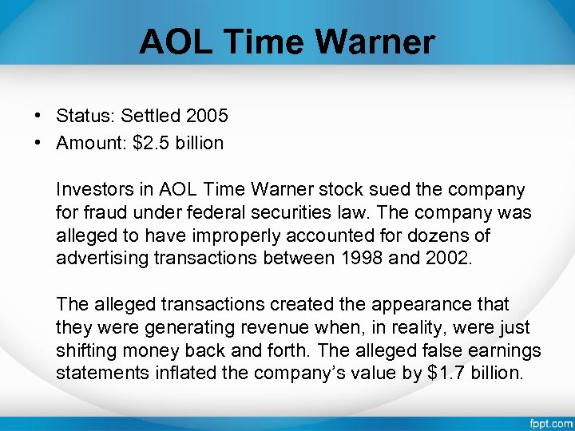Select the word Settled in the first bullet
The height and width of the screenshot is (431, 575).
coord(151,116)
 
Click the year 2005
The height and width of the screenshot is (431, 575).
coord(207,116)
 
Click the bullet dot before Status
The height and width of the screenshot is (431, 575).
coord(38,116)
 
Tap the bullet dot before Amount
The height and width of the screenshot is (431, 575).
coord(38,144)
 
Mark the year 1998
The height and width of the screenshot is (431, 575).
coord(359,259)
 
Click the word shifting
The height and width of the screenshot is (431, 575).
coord(84,351)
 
